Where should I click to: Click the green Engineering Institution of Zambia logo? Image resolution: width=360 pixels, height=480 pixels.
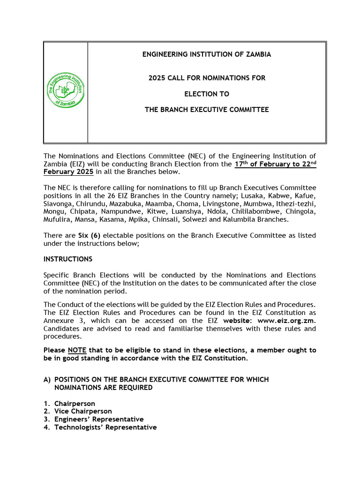pyautogui.click(x=66, y=91)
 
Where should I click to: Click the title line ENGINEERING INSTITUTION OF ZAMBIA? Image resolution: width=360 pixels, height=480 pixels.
pyautogui.click(x=207, y=54)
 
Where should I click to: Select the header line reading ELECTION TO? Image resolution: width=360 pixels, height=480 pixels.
pyautogui.click(x=207, y=94)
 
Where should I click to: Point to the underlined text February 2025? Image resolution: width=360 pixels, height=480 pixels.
pyautogui.click(x=68, y=172)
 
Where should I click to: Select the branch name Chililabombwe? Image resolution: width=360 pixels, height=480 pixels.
pyautogui.click(x=255, y=212)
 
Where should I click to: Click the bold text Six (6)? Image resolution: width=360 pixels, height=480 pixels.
pyautogui.click(x=89, y=235)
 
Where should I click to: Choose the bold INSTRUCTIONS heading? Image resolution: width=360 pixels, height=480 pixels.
pyautogui.click(x=68, y=259)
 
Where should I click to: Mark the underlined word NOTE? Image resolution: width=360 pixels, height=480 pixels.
pyautogui.click(x=76, y=350)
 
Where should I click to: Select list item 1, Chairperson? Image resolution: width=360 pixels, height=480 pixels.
pyautogui.click(x=74, y=404)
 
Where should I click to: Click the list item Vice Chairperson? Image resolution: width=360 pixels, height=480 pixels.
pyautogui.click(x=83, y=412)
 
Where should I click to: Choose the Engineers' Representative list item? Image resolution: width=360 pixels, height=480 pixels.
pyautogui.click(x=98, y=420)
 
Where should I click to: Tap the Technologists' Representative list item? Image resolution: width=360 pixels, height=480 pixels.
pyautogui.click(x=105, y=427)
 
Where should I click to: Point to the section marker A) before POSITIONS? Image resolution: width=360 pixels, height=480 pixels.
pyautogui.click(x=47, y=379)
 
